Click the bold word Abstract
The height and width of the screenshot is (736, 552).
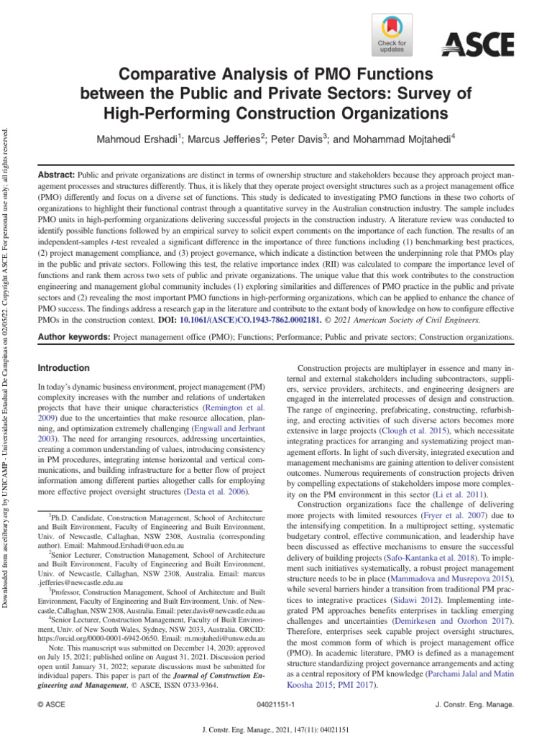pyautogui.click(x=55, y=175)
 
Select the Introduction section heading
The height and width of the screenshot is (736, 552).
pyautogui.click(x=63, y=368)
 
